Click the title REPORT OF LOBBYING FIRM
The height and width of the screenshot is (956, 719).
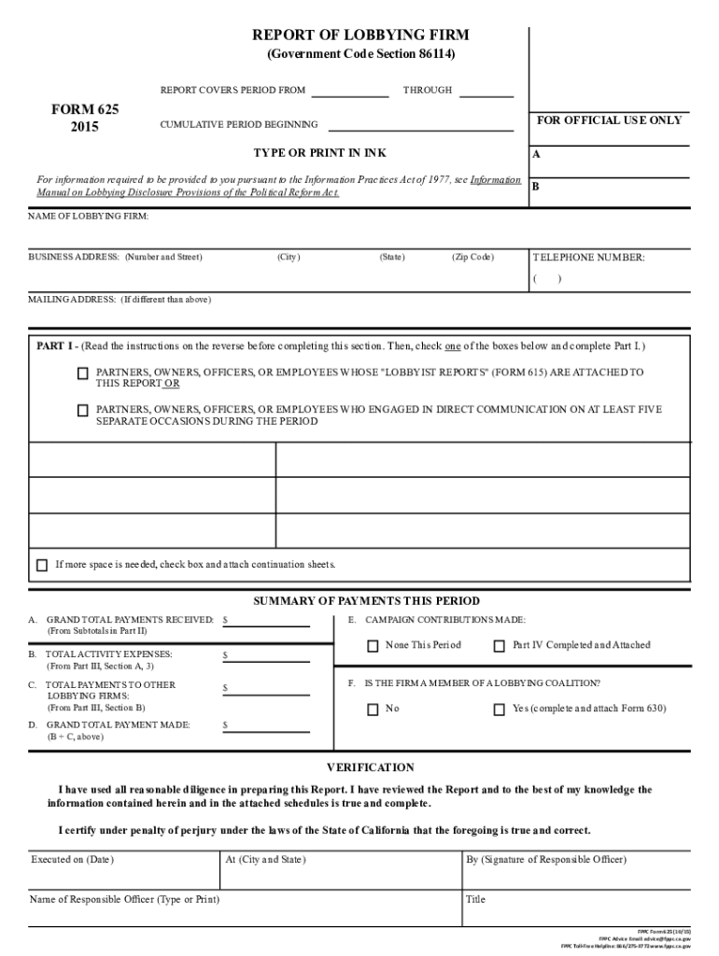coord(360,35)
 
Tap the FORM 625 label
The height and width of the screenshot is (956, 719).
coord(84,108)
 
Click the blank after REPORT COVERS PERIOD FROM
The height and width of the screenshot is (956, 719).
coord(349,93)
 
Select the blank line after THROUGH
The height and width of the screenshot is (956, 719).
coord(486,93)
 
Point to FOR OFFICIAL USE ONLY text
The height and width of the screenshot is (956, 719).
coord(610,120)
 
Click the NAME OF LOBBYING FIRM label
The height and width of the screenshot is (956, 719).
coord(88,216)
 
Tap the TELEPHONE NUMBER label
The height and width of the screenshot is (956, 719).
coord(588,258)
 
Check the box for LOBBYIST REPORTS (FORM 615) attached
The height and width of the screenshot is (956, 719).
coord(83,373)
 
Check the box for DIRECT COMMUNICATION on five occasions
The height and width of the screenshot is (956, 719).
coord(83,410)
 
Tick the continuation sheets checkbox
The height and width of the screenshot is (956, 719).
coord(42,566)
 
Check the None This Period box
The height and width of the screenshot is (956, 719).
coord(373,646)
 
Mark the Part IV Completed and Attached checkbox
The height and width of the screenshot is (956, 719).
coord(500,646)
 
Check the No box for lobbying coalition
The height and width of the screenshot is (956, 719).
coord(373,710)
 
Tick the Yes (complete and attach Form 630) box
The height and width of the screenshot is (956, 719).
coord(500,710)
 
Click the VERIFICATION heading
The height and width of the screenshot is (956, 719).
coord(370,767)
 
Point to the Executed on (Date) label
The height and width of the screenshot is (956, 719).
coord(72,859)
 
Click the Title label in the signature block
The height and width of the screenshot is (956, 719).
coord(476,900)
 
